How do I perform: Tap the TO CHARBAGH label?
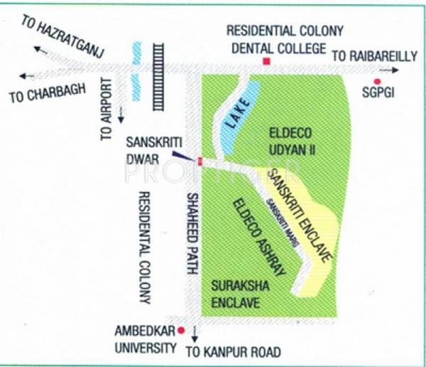coord(47,93)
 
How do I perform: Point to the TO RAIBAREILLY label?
coord(375,56)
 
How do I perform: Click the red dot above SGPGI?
coord(377,82)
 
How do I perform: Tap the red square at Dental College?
coord(266,63)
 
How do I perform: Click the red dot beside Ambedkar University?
coord(181,330)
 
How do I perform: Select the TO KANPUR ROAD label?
coord(233,351)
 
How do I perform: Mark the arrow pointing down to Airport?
coord(121,114)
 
